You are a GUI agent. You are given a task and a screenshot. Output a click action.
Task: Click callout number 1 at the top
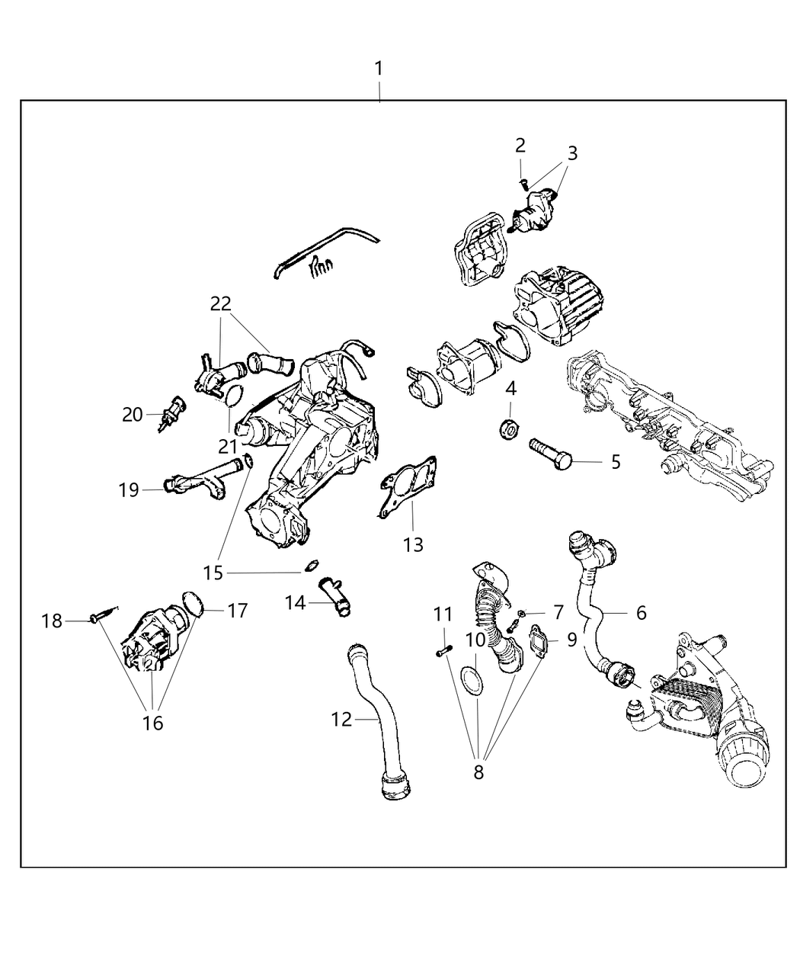point(379,69)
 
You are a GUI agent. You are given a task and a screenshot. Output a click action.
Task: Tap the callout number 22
point(221,303)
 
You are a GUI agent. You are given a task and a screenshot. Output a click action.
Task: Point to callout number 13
point(414,544)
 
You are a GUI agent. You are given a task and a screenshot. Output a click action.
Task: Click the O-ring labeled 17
point(194,602)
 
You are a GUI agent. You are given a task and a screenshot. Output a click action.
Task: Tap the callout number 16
point(153,722)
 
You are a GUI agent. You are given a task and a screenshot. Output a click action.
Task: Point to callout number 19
point(129,489)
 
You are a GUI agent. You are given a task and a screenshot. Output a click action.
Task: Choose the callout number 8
point(478,772)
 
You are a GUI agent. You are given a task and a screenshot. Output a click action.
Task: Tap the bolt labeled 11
point(444,650)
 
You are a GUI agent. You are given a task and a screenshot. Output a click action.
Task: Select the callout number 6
point(642,612)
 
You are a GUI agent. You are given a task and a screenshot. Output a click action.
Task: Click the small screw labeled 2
point(523,181)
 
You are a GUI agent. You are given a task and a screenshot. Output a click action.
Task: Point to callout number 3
point(572,152)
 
